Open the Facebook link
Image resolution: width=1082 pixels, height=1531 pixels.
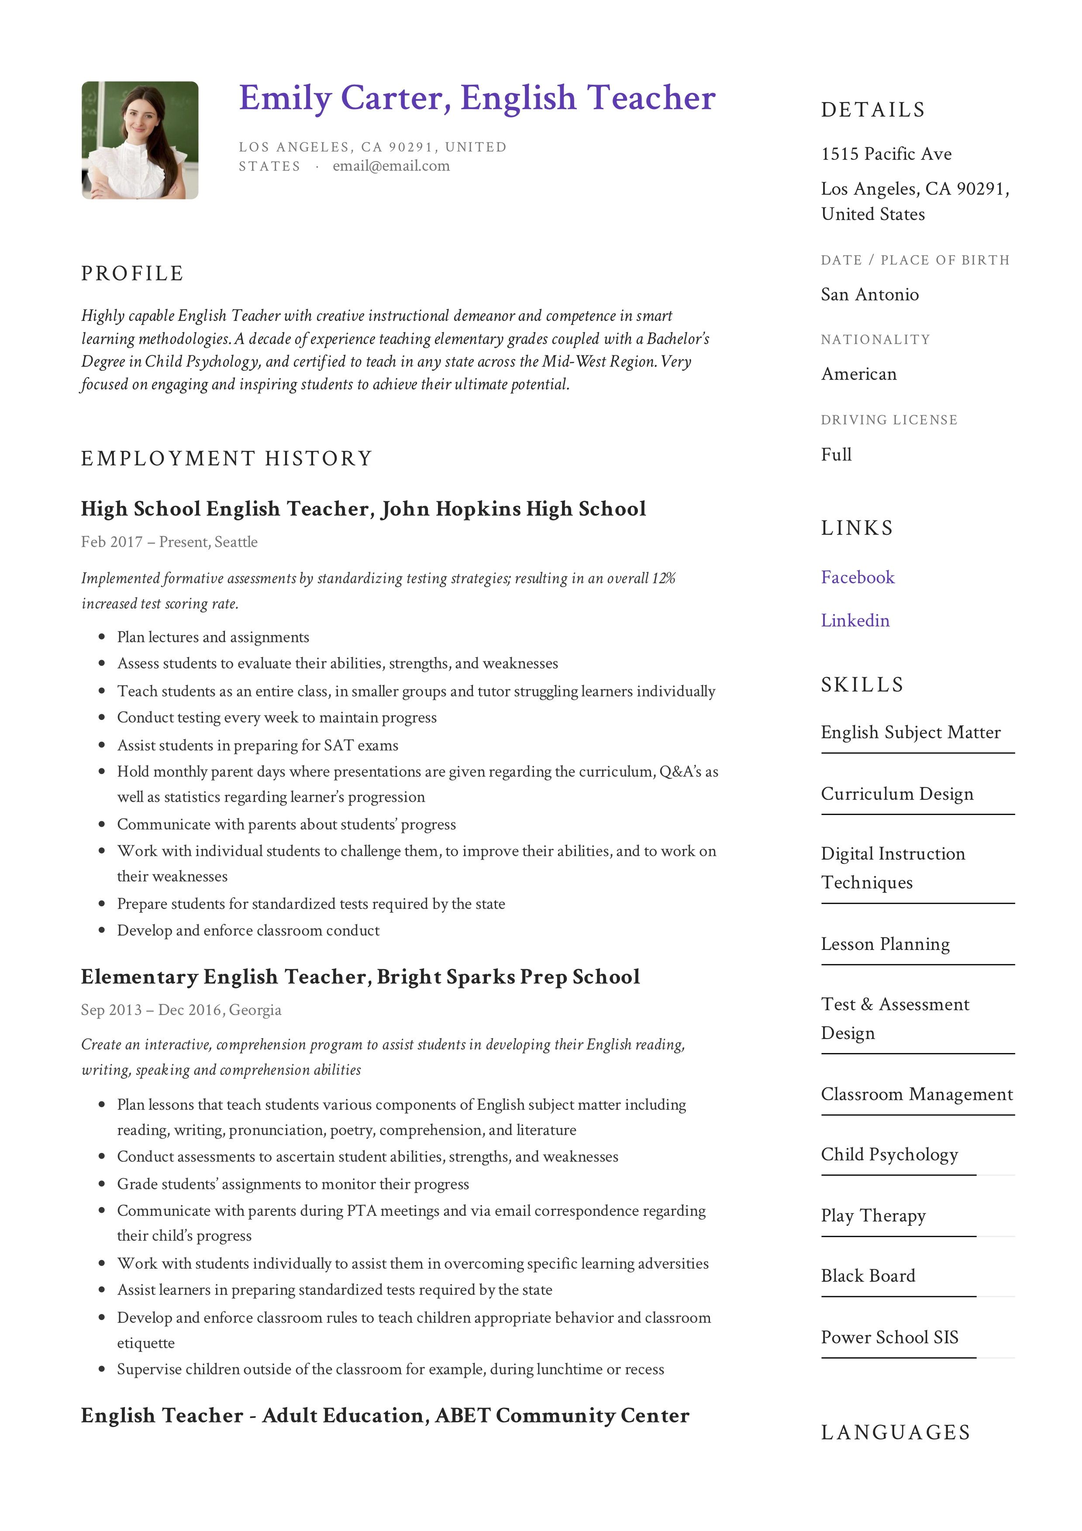click(x=857, y=578)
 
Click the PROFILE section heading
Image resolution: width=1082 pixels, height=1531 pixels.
click(x=132, y=273)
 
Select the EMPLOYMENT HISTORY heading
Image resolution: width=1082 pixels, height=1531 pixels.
click(x=226, y=459)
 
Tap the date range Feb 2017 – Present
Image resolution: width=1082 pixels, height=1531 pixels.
click(x=144, y=542)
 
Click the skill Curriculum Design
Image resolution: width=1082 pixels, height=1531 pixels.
click(x=896, y=794)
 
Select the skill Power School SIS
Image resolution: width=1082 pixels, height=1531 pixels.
click(x=889, y=1338)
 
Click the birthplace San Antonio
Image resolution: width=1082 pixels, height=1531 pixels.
click(x=869, y=295)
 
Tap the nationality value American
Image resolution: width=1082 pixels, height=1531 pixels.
click(x=858, y=374)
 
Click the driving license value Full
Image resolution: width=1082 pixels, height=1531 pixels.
click(x=836, y=455)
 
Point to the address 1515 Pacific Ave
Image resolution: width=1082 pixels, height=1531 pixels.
click(x=886, y=154)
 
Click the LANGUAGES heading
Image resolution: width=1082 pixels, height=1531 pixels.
click(x=895, y=1433)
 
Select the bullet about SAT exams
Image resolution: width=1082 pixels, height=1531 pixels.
click(x=258, y=746)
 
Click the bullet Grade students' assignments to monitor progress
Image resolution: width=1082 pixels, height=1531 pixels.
click(x=293, y=1184)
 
